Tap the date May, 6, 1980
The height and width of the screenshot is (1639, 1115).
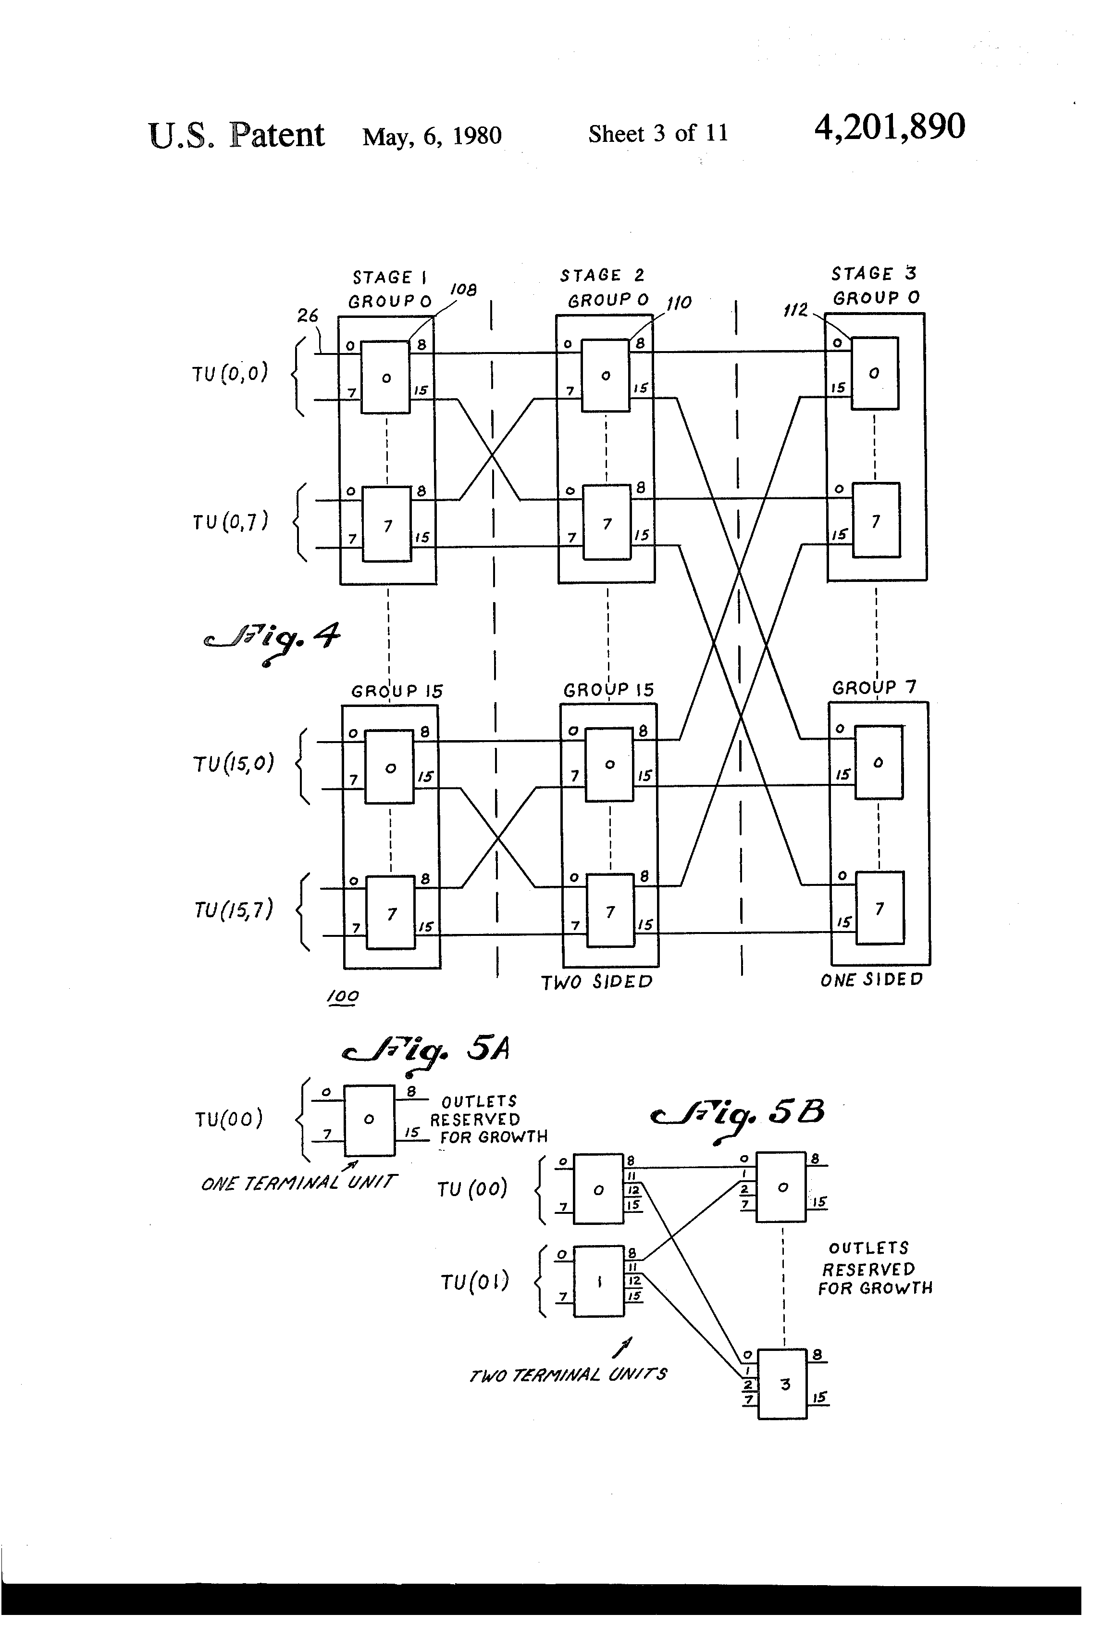click(432, 136)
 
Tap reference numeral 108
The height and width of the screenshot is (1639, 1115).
click(462, 290)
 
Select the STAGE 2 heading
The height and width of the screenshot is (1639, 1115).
click(603, 275)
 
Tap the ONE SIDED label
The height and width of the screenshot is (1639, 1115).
click(872, 980)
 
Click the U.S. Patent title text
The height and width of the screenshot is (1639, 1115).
click(237, 135)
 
